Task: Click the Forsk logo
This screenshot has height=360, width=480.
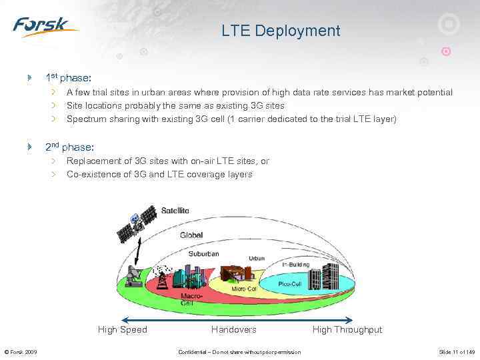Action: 44,27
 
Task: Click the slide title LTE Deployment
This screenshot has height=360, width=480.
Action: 281,31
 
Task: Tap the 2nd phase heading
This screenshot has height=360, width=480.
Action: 69,147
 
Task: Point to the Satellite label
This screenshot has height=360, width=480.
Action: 175,211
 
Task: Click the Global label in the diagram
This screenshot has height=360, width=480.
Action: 191,235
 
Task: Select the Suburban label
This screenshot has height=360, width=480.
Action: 203,254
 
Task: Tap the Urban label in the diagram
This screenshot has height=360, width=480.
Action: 257,258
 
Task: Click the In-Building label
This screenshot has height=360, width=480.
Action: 295,265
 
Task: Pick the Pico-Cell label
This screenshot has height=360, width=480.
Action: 291,284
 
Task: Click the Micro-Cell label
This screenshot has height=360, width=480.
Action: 244,289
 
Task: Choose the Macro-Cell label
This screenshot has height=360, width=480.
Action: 188,299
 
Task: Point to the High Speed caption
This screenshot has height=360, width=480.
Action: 123,329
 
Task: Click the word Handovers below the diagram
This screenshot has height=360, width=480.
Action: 233,329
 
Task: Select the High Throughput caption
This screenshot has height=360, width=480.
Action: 347,329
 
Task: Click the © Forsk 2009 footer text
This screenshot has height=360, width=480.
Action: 21,352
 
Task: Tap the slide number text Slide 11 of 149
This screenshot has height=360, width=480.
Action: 456,352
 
